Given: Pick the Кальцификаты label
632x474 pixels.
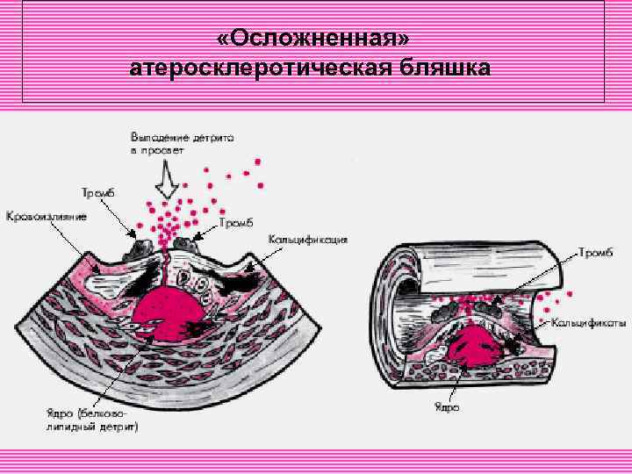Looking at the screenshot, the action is (x=594, y=322).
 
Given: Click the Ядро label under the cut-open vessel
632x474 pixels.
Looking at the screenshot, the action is (x=447, y=406).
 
